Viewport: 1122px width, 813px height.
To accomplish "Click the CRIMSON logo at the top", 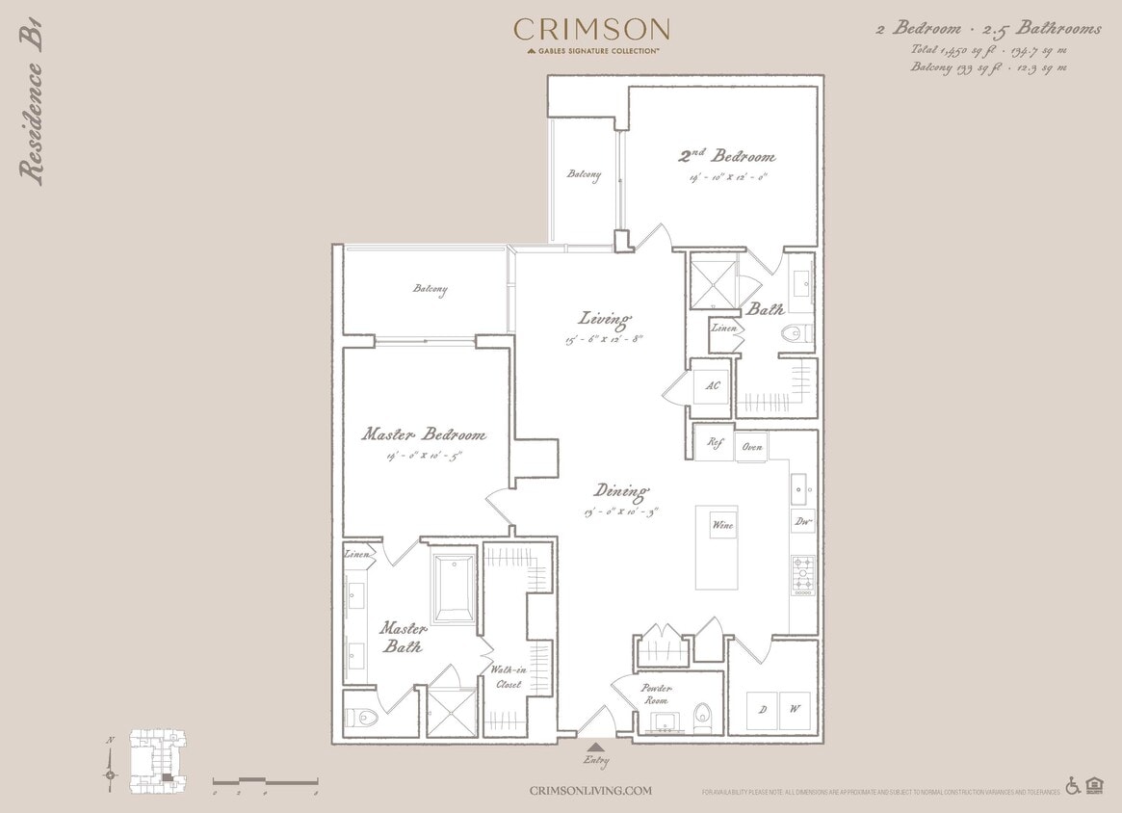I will pyautogui.click(x=591, y=30).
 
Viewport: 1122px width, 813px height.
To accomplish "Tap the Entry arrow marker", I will pyautogui.click(x=596, y=747).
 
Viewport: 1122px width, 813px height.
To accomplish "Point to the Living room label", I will pyautogui.click(x=604, y=318).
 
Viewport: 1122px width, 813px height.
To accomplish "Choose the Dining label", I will pyautogui.click(x=620, y=490).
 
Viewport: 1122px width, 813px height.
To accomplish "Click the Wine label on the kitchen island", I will pyautogui.click(x=722, y=526).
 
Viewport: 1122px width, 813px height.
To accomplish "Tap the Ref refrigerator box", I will pyautogui.click(x=715, y=445).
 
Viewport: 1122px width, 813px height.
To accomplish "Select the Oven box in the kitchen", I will pyautogui.click(x=751, y=447).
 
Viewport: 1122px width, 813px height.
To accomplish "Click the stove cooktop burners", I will pyautogui.click(x=802, y=575).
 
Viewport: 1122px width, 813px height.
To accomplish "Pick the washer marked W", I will pyautogui.click(x=796, y=710).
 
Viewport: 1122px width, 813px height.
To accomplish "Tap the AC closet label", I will pyautogui.click(x=713, y=385).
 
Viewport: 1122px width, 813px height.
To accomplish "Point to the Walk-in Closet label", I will pyautogui.click(x=507, y=676).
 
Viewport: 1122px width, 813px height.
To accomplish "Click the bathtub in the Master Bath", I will pyautogui.click(x=453, y=589).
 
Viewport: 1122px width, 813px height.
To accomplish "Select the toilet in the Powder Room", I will pyautogui.click(x=702, y=714).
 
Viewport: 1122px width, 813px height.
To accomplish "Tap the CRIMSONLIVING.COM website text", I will pyautogui.click(x=590, y=791).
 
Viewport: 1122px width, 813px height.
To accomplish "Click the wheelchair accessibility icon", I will pyautogui.click(x=1073, y=786).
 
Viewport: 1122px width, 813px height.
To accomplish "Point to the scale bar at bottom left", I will pyautogui.click(x=265, y=780).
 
